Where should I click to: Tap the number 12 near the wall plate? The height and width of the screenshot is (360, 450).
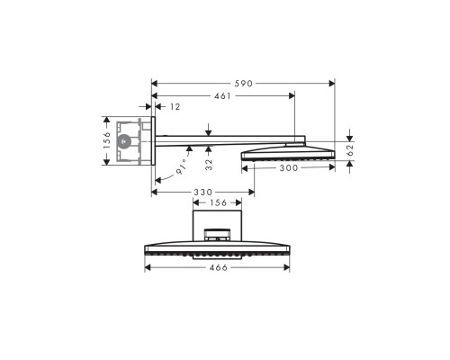click(175, 107)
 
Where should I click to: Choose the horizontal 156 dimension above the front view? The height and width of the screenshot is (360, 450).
click(218, 203)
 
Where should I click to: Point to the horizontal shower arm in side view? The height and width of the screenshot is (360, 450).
click(229, 139)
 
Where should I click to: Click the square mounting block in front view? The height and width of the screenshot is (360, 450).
click(218, 221)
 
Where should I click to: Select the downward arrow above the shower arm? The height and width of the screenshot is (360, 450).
click(208, 130)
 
